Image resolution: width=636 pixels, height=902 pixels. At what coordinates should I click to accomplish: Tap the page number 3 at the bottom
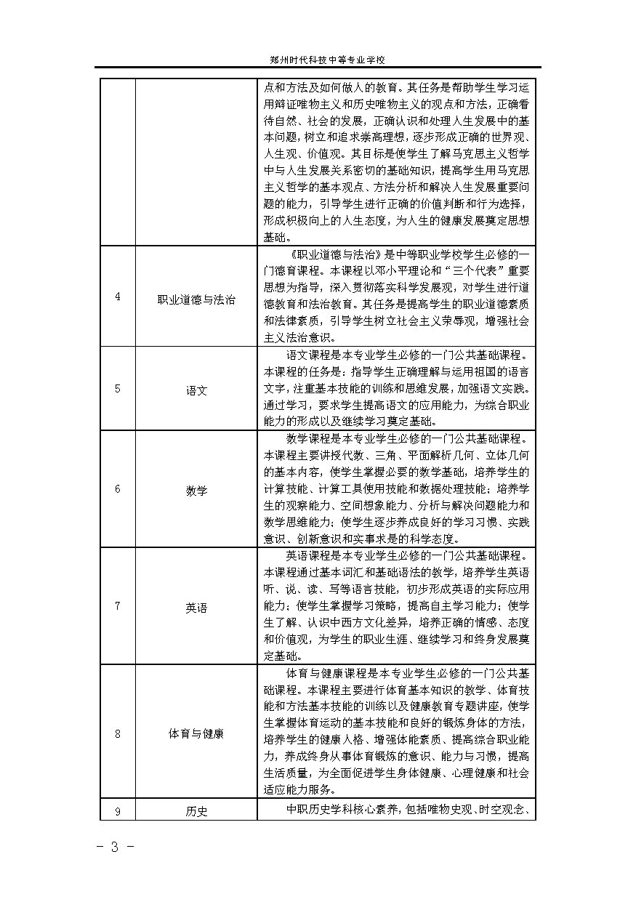pyautogui.click(x=113, y=847)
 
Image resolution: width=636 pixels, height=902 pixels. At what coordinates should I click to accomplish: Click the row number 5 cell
pyautogui.click(x=118, y=389)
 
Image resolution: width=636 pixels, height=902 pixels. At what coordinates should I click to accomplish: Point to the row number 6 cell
pyautogui.click(x=118, y=489)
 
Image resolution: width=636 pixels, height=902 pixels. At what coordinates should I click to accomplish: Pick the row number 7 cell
pyautogui.click(x=118, y=606)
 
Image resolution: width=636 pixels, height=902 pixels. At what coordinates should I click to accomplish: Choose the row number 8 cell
pyautogui.click(x=118, y=733)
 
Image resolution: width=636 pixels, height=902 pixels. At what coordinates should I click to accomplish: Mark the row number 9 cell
pyautogui.click(x=118, y=810)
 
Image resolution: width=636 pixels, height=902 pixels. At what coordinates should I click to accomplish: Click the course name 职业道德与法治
pyautogui.click(x=196, y=300)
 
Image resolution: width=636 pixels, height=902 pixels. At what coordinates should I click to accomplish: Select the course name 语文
pyautogui.click(x=196, y=390)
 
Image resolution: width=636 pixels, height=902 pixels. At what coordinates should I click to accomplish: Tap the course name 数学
pyautogui.click(x=196, y=490)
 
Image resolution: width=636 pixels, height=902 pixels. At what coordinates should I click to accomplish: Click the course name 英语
pyautogui.click(x=196, y=607)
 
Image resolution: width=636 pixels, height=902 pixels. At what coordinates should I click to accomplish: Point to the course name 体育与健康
pyautogui.click(x=196, y=733)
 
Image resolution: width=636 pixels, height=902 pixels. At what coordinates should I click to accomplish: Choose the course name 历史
pyautogui.click(x=196, y=811)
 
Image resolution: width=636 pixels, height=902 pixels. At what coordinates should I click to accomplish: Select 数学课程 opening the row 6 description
pyautogui.click(x=310, y=438)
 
